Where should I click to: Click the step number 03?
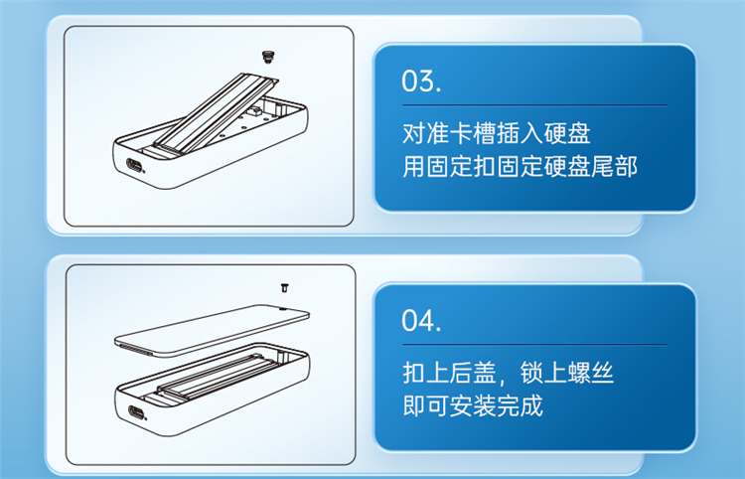421,81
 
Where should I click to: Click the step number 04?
421,321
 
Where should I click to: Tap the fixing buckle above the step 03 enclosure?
269,58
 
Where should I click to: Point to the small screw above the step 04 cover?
285,287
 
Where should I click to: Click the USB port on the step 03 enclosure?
134,166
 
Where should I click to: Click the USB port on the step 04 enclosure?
136,412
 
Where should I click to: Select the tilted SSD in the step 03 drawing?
217,112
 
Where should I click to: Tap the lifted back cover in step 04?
212,330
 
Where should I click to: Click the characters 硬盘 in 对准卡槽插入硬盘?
567,133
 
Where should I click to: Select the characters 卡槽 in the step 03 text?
473,133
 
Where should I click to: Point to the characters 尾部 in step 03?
614,167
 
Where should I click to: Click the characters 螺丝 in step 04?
591,373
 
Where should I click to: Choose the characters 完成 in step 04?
520,406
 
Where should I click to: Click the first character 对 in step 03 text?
414,133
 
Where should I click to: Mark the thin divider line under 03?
535,105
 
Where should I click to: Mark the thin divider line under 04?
535,345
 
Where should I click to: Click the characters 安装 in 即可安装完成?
473,406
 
